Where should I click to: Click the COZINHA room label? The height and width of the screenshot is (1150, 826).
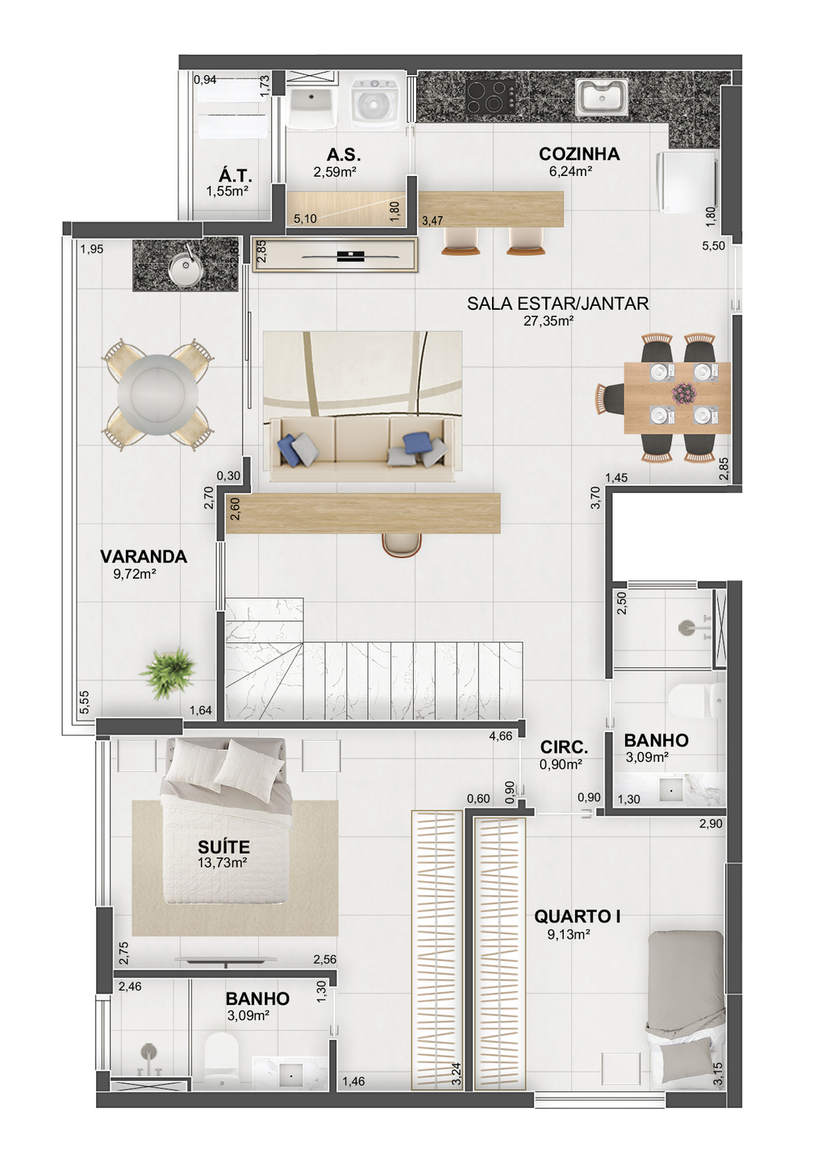coord(578,154)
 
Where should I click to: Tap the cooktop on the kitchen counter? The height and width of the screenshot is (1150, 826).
coord(490,97)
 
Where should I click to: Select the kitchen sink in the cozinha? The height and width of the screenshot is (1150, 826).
coord(601,97)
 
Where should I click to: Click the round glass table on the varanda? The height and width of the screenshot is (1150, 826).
coord(157,395)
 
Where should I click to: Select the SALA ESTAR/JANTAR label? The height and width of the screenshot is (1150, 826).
coord(557,303)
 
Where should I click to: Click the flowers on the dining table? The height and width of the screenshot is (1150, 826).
coord(684,394)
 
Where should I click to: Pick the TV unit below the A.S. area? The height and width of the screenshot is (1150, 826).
coord(334,255)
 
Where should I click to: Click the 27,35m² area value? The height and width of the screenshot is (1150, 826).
coord(548,321)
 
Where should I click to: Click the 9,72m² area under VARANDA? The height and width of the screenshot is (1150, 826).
coord(135,574)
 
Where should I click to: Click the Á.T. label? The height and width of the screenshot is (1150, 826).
coord(236,175)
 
